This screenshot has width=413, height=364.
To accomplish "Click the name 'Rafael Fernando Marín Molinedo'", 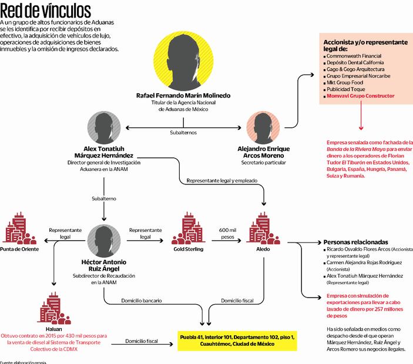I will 183,95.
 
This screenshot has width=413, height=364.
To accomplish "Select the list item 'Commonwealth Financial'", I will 355,56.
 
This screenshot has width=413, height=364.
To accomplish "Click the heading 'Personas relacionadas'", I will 355,242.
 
